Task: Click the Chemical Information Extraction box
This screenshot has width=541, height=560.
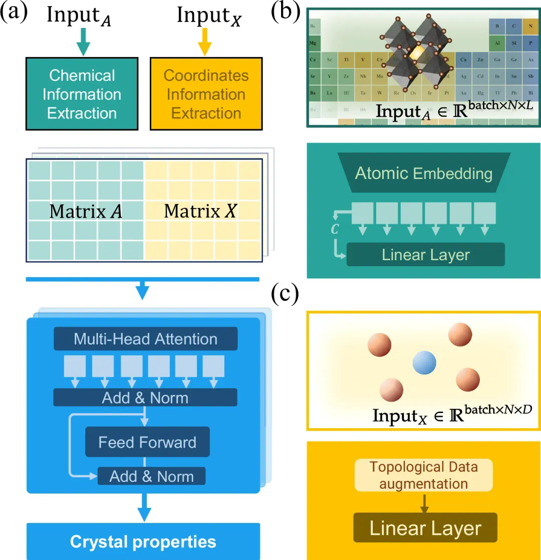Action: click(x=82, y=94)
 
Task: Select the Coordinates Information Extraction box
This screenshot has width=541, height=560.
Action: click(x=206, y=94)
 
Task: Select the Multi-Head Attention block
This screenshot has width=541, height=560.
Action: click(x=145, y=339)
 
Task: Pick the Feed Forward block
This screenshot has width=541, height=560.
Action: click(x=147, y=442)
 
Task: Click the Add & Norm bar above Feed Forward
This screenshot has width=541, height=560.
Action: click(x=145, y=398)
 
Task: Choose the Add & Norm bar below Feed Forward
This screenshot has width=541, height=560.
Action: click(x=151, y=476)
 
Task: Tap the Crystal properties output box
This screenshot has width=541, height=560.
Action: click(x=143, y=541)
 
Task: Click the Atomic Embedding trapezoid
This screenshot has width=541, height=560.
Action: click(x=424, y=173)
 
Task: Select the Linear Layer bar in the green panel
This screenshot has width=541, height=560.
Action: click(x=425, y=254)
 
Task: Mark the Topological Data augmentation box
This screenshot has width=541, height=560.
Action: click(x=424, y=475)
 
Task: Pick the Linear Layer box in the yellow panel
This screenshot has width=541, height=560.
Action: click(x=425, y=528)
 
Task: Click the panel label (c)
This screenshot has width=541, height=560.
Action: click(x=285, y=295)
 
